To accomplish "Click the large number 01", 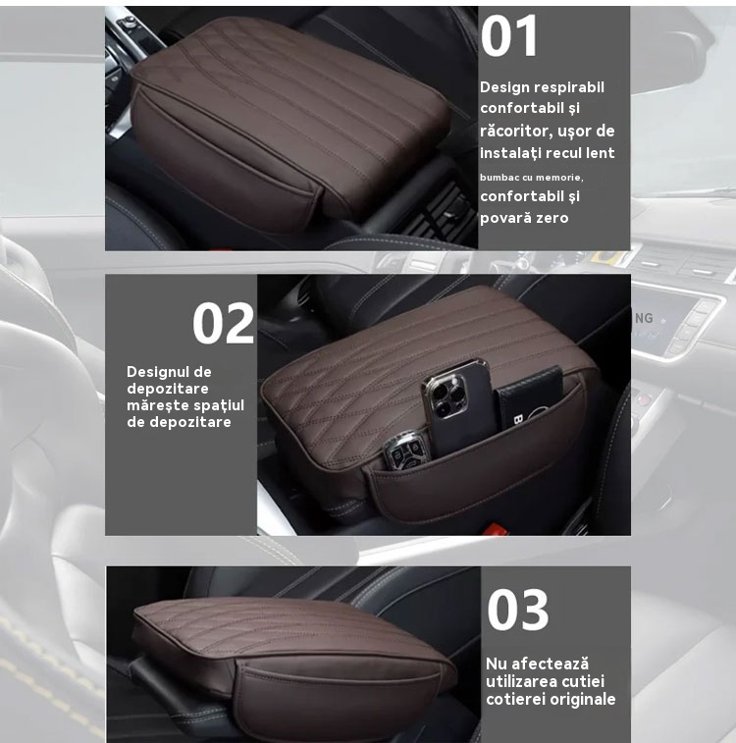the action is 509,35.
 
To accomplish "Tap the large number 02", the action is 223,323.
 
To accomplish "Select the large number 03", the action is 518,610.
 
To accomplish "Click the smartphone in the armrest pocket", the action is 457,407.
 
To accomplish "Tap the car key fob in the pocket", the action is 407,450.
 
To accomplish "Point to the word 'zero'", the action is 552,218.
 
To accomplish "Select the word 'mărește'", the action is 153,406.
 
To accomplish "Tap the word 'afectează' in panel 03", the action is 550,663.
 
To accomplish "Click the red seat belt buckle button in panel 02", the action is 496,528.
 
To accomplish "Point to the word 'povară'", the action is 505,218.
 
